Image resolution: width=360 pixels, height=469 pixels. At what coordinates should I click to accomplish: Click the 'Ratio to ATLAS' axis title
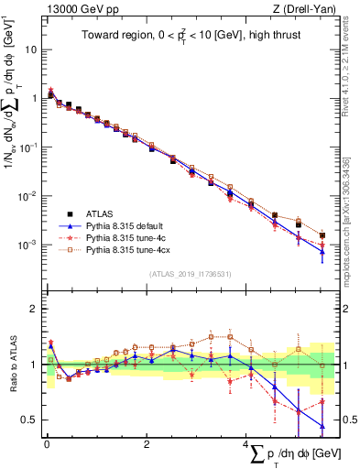tap(10, 365)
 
